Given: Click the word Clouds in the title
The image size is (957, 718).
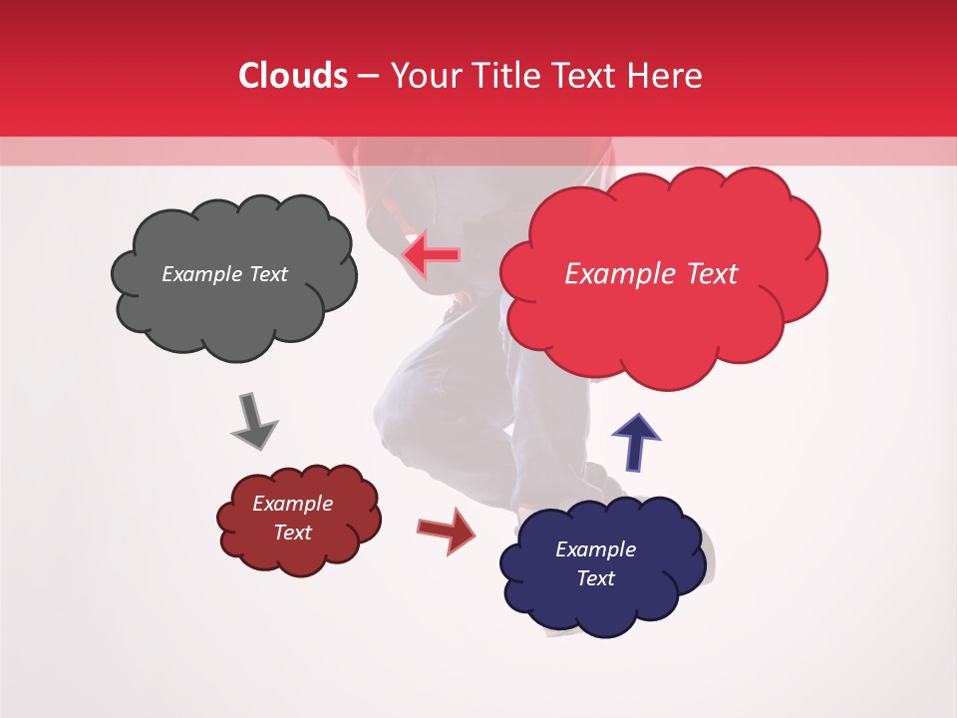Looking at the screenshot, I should (x=293, y=76).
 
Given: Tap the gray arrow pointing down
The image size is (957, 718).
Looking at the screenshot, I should (x=253, y=421).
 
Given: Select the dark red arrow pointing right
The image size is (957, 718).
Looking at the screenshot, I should (x=447, y=530).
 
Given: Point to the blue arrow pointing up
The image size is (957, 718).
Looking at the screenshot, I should (x=635, y=442).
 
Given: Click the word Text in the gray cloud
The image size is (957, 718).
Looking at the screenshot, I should (x=267, y=274).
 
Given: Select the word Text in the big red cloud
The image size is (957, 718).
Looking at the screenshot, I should (x=710, y=274).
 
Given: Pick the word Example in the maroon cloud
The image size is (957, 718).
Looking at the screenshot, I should (x=292, y=504).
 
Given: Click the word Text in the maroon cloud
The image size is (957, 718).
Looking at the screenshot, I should (x=292, y=533).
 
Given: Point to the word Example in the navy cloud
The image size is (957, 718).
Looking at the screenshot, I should (x=595, y=549).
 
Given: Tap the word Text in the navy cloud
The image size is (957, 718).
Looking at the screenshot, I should (x=595, y=578).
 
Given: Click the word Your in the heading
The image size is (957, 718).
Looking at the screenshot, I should (x=421, y=76).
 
